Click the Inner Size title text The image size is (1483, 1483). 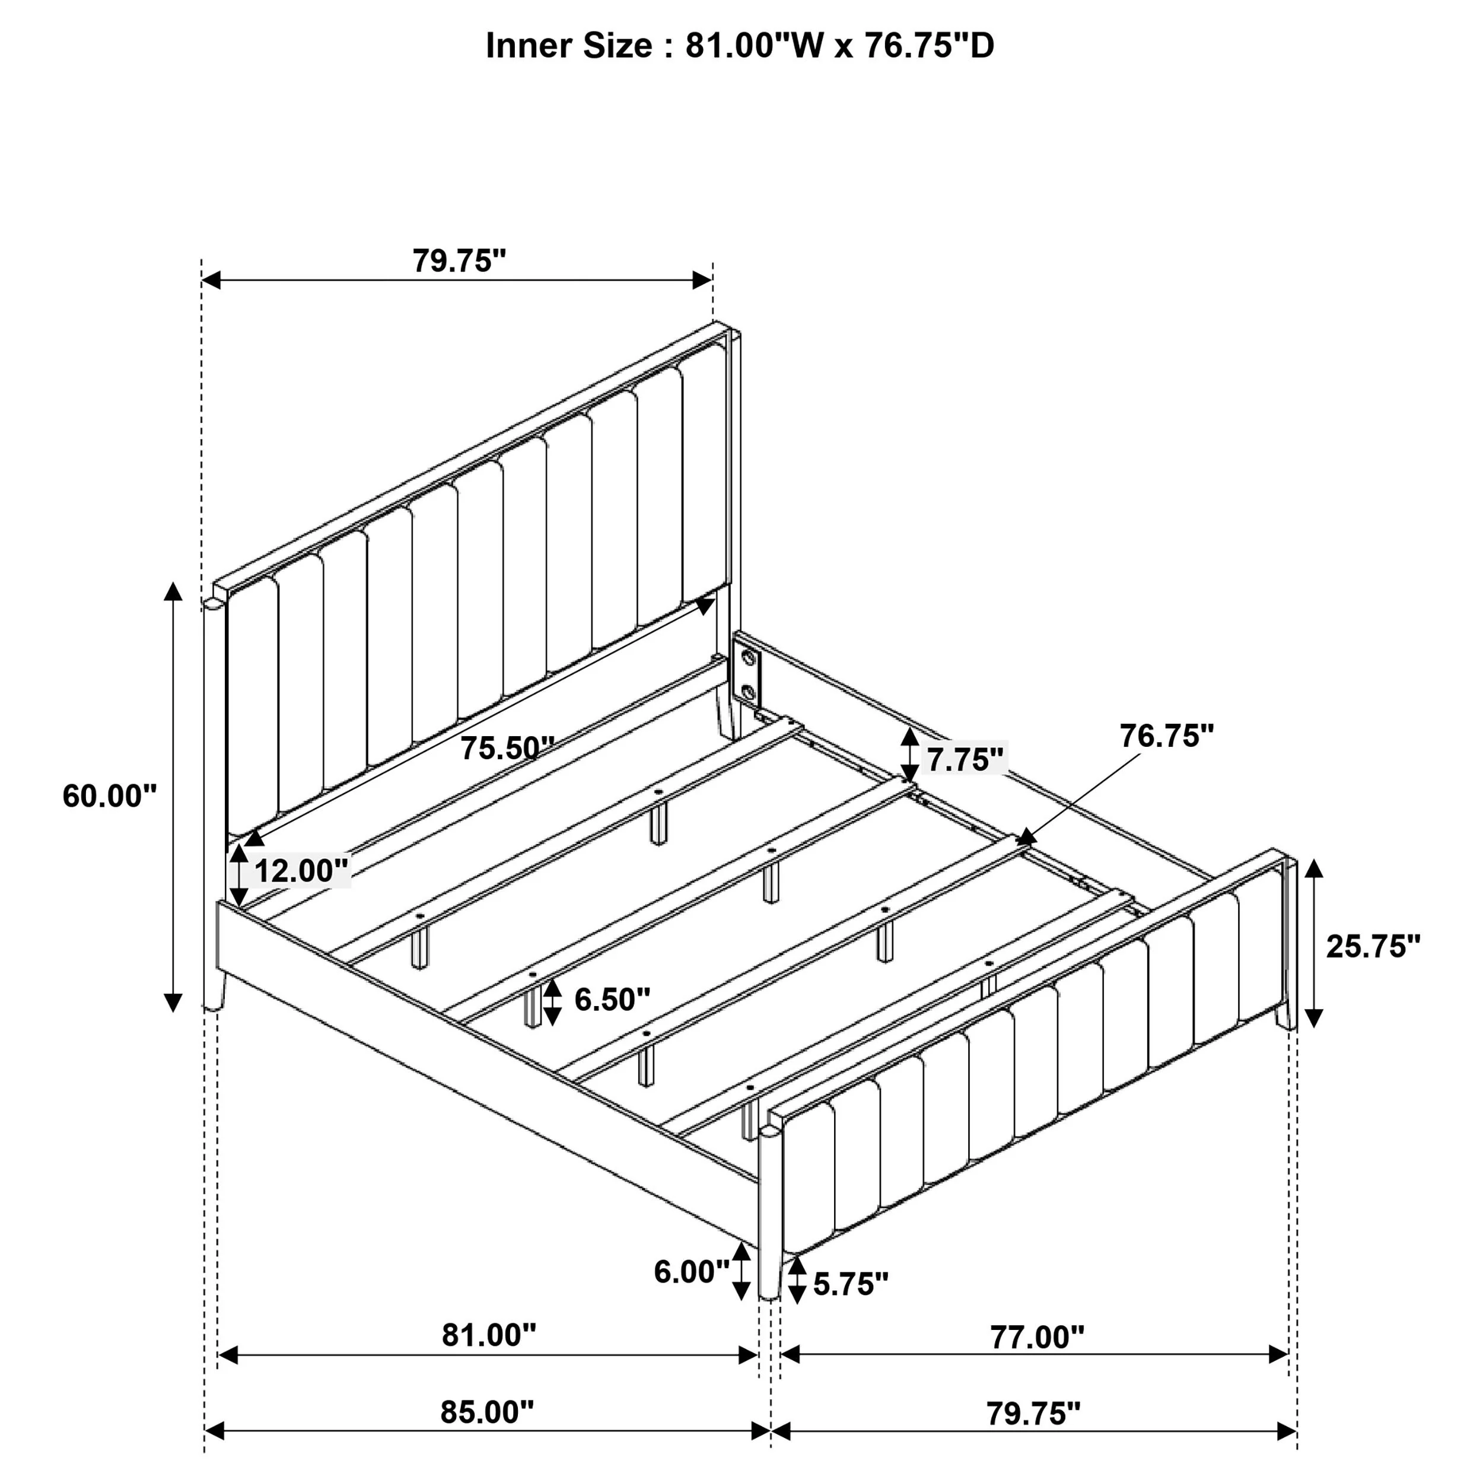pyautogui.click(x=740, y=46)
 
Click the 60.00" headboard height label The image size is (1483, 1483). pyautogui.click(x=109, y=797)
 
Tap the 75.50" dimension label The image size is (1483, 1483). pyautogui.click(x=507, y=749)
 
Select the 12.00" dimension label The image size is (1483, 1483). pyautogui.click(x=301, y=871)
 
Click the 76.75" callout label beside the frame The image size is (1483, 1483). pyautogui.click(x=1166, y=736)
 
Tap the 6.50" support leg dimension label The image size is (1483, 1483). pyautogui.click(x=612, y=1000)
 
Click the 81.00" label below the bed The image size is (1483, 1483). pyautogui.click(x=488, y=1336)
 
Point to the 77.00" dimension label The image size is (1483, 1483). pyautogui.click(x=1036, y=1337)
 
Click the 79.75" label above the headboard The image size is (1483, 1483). pyautogui.click(x=459, y=261)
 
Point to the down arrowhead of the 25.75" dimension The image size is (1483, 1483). pyautogui.click(x=1314, y=1018)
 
